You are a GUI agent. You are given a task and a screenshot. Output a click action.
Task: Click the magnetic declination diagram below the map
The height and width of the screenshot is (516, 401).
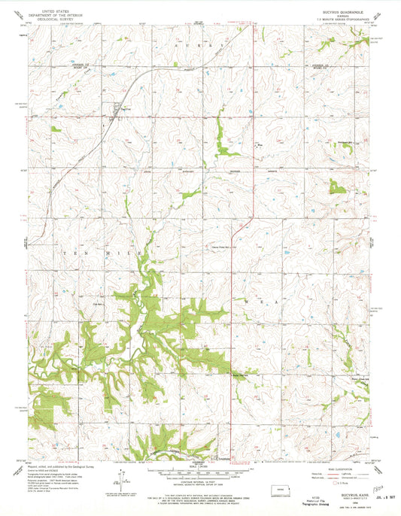coord(119,477)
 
